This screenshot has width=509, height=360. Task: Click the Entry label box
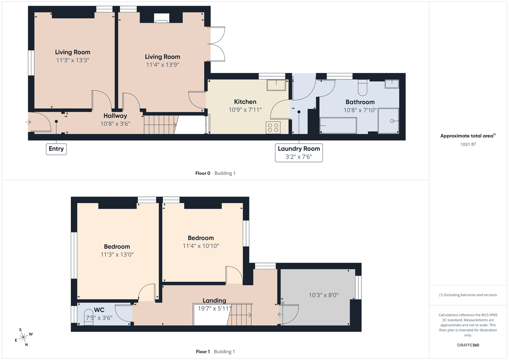pyautogui.click(x=56, y=149)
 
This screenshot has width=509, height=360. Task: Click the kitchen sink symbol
pyautogui.click(x=277, y=85)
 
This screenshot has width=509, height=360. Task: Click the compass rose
pyautogui.click(x=23, y=337)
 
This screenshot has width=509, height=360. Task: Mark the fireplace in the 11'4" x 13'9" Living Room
pyautogui.click(x=161, y=18)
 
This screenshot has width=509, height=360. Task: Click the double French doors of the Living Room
pyautogui.click(x=217, y=45)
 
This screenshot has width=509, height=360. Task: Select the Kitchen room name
pyautogui.click(x=245, y=102)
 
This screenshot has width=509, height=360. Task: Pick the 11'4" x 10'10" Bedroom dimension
pyautogui.click(x=201, y=246)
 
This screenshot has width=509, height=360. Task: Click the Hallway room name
pyautogui.click(x=115, y=116)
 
